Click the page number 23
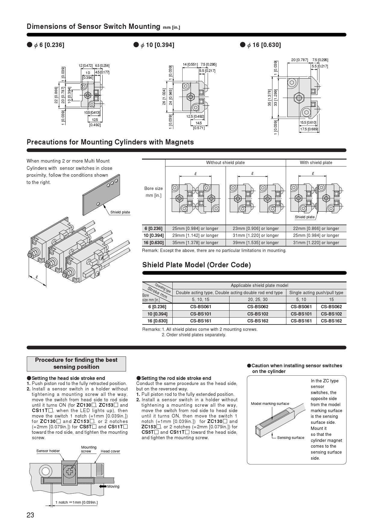(x=30, y=515)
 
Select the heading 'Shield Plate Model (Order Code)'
(x=196, y=265)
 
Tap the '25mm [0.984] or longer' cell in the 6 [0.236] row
(x=195, y=228)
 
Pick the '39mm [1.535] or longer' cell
(x=256, y=243)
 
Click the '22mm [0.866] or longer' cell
(x=316, y=228)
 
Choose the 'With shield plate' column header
(x=316, y=163)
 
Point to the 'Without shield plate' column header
(x=225, y=163)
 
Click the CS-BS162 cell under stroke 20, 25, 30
(x=257, y=321)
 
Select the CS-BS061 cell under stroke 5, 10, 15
(x=201, y=307)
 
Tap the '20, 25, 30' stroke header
(x=257, y=300)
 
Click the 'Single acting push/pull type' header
(x=316, y=293)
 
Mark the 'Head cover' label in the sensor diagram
(x=110, y=451)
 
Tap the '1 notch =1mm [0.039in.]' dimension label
(x=76, y=502)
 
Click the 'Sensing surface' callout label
(x=291, y=438)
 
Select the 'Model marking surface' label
(x=270, y=404)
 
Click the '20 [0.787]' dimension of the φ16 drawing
(x=299, y=60)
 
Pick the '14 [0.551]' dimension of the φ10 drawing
(x=190, y=64)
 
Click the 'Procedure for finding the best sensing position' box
(x=76, y=364)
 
